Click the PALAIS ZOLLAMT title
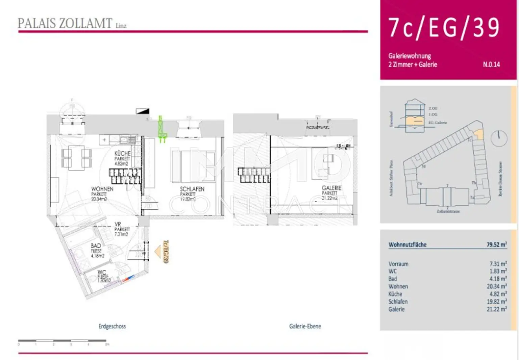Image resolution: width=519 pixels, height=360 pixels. (x=65, y=24)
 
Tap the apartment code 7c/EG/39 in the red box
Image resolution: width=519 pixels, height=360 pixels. (x=444, y=28)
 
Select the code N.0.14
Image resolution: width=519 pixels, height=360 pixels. (x=491, y=65)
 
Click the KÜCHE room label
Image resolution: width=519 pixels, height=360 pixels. (x=122, y=154)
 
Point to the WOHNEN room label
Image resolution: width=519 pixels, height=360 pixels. (x=102, y=189)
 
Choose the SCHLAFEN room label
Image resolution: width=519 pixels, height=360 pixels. (x=192, y=189)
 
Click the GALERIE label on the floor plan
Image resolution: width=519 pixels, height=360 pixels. (x=331, y=188)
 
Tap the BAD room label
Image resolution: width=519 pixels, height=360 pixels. (x=96, y=246)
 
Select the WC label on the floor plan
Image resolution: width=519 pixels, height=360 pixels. (x=102, y=272)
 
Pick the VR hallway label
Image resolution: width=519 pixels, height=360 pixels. (x=118, y=224)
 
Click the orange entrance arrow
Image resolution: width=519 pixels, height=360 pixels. (x=158, y=252)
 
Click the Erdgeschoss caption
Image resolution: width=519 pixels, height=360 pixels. (x=112, y=326)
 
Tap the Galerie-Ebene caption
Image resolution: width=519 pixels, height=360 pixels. (x=305, y=326)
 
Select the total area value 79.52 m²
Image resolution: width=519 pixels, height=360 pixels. (x=496, y=245)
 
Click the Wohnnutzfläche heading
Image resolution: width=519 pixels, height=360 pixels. (x=407, y=245)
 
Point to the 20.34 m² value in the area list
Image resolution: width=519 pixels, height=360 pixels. (x=496, y=286)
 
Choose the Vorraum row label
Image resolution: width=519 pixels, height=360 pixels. (x=398, y=264)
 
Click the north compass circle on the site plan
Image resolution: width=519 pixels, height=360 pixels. (x=499, y=138)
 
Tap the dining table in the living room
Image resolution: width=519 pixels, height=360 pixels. (x=76, y=158)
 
